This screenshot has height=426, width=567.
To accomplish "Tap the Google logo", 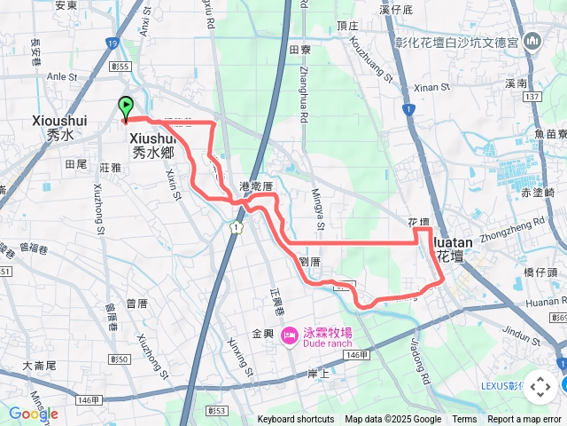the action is (x=33, y=414).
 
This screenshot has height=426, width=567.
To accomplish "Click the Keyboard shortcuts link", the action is (x=296, y=420).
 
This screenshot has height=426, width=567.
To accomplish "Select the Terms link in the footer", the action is (x=464, y=420).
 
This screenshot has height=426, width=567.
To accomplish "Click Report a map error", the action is (x=524, y=420).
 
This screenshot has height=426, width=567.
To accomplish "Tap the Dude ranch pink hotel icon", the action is (x=288, y=335).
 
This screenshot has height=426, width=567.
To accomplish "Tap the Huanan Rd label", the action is (x=542, y=301).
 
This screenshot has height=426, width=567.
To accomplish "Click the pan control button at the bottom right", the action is (x=540, y=387).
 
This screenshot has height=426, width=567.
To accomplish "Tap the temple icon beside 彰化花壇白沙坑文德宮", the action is (x=532, y=41).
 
